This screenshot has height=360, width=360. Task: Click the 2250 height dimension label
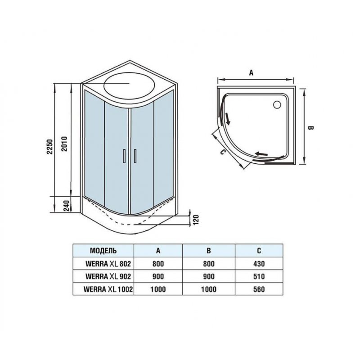[50, 147]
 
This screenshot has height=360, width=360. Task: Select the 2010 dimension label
[64, 144]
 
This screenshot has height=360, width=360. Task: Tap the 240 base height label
[66, 206]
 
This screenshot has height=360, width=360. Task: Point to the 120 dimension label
[196, 220]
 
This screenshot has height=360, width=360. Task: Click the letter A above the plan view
[252, 73]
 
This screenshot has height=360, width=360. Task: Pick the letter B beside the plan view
[310, 128]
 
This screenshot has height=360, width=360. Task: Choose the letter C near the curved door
[222, 152]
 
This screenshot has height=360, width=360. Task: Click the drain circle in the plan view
[277, 105]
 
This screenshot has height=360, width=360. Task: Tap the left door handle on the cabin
[124, 156]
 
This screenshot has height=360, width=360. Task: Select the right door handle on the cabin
[135, 156]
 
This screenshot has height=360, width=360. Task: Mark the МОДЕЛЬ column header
[103, 251]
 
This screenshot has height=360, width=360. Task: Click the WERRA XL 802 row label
[108, 264]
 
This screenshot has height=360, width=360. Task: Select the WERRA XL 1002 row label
[108, 289]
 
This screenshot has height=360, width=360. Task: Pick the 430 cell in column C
[259, 264]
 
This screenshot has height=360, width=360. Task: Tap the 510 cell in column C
[259, 276]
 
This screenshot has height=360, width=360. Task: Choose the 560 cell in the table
[259, 289]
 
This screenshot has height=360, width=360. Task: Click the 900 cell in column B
[209, 276]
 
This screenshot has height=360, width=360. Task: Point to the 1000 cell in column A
[158, 289]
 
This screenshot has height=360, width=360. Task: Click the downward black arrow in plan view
[227, 119]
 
